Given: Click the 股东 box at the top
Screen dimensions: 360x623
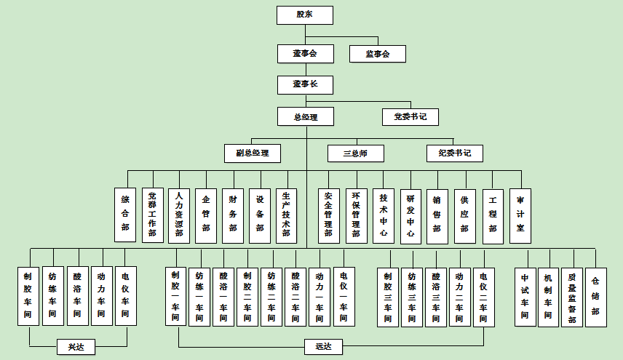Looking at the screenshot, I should coord(305,15).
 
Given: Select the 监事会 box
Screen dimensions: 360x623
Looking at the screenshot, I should coord(377,54).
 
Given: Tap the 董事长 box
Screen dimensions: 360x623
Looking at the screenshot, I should coord(305,84).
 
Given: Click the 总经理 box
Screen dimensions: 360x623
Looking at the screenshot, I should coord(305,116).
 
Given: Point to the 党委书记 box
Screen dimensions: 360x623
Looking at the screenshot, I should coord(410,116).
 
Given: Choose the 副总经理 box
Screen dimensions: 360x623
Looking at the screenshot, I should coord(253,153).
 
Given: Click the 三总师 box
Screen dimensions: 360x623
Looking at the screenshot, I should coord(355,153).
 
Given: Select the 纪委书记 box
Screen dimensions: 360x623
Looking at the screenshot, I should coord(455,153).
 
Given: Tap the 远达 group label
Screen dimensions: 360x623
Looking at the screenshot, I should coord(323,347).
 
